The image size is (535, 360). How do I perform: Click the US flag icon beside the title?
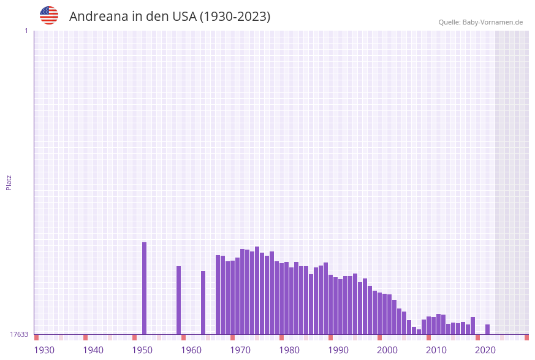(x=49, y=15)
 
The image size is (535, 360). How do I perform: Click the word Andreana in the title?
(x=99, y=17)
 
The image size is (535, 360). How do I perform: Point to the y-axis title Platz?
(x=9, y=182)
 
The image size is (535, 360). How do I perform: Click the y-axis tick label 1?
(x=26, y=31)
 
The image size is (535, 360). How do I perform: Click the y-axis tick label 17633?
(x=19, y=334)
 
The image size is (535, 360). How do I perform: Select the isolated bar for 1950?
(x=145, y=288)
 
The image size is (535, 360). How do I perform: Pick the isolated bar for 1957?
(x=179, y=300)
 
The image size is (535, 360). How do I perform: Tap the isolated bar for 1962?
(x=203, y=302)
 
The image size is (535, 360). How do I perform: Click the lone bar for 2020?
(x=488, y=329)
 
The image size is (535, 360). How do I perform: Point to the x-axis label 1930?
(x=44, y=350)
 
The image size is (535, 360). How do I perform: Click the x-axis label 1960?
(x=191, y=350)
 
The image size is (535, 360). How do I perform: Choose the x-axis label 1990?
(x=338, y=350)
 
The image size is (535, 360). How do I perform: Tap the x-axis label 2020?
(x=485, y=350)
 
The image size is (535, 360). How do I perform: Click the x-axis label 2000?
(x=387, y=350)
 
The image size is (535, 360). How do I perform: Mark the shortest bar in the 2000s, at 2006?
(x=419, y=332)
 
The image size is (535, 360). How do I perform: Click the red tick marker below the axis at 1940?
(x=86, y=337)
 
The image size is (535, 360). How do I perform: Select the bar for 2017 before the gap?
(x=473, y=326)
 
